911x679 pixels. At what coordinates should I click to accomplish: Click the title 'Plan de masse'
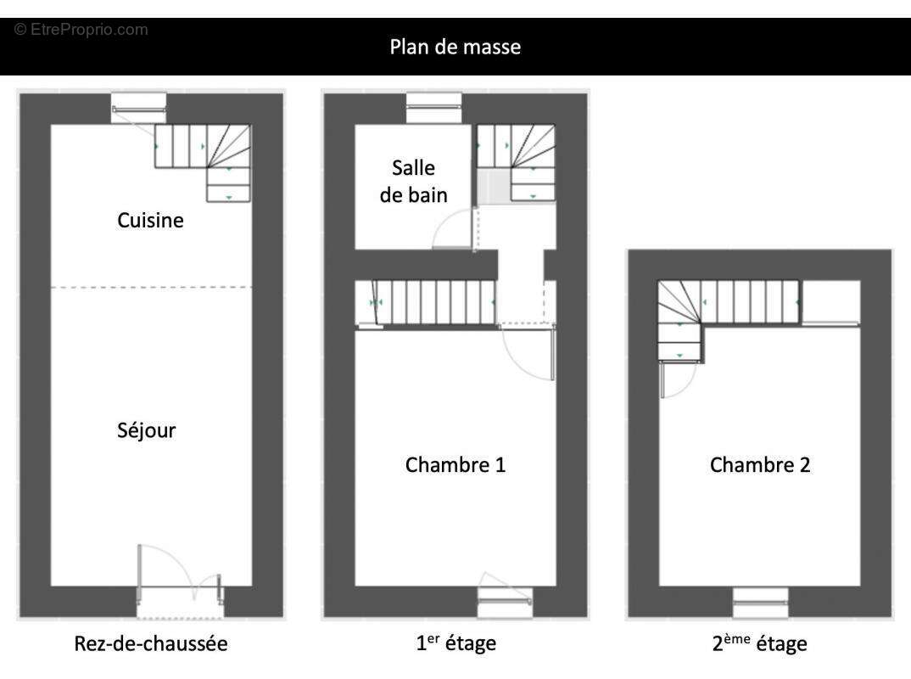coord(455,47)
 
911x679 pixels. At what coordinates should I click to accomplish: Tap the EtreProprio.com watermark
coord(81,30)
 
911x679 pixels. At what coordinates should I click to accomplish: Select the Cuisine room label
coord(150,221)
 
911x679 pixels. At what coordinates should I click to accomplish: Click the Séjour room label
coord(147,430)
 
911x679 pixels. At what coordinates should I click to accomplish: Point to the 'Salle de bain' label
coord(413,181)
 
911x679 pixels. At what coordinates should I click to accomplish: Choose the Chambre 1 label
coord(455,465)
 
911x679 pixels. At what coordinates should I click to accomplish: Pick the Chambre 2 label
coord(760,465)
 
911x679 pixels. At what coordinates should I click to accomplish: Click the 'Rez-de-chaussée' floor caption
coord(149,643)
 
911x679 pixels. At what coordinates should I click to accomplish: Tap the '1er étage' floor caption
coord(455,643)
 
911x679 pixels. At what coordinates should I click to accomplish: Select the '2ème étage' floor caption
coord(759,643)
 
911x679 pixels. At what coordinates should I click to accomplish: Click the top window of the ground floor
coord(139,109)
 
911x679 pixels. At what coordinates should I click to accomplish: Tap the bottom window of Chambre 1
coord(505,602)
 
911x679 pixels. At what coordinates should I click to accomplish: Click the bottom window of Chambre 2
coord(760,603)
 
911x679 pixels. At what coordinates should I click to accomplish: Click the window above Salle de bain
coord(433,109)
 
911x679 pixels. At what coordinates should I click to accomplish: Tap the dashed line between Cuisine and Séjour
coord(151,288)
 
